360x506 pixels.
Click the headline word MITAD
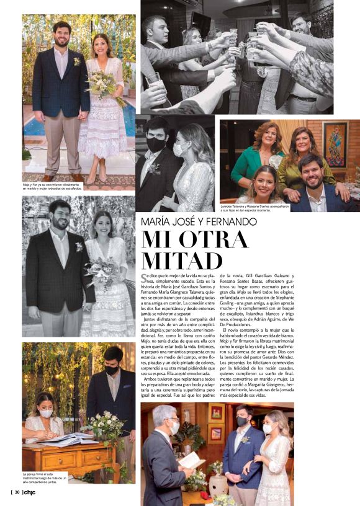tap(182, 260)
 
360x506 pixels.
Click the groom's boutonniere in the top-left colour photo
tap(76, 61)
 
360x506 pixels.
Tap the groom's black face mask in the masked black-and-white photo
tap(156, 144)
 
